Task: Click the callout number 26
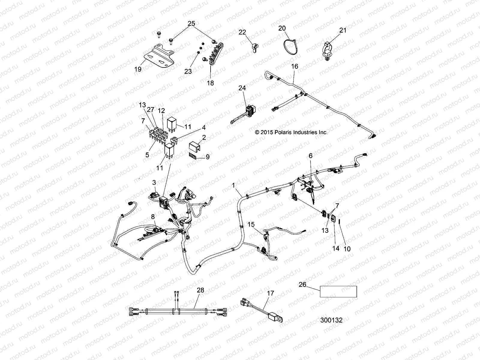coord(302,284)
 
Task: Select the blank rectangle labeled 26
coord(338,291)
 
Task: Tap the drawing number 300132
coord(331,320)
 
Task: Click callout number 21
coord(343,30)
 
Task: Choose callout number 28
coord(200,290)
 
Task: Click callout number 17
coord(270,293)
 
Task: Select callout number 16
coord(295,66)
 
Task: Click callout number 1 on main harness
coord(233,186)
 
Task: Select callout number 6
coord(310,155)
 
